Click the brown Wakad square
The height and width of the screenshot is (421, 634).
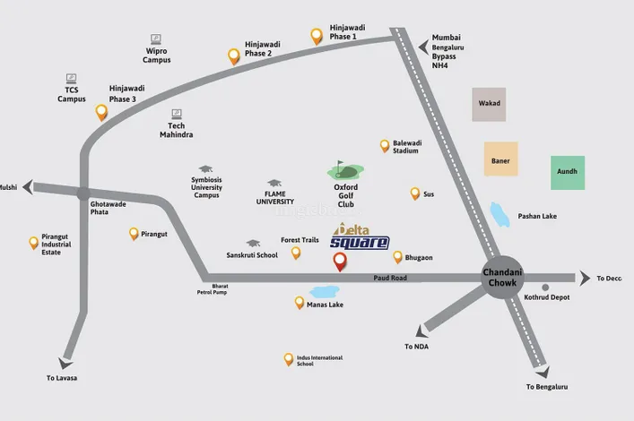point(489,104)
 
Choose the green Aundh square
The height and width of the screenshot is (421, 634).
point(568,172)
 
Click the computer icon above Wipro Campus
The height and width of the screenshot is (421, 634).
point(156,39)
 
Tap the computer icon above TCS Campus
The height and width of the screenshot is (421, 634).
point(72,79)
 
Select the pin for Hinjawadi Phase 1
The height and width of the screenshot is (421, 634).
point(317,36)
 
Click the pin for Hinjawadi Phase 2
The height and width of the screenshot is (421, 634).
point(234,56)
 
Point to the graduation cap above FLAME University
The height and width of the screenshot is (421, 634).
point(274,183)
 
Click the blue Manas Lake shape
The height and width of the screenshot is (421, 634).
point(324,292)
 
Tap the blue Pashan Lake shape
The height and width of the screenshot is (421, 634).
point(500,215)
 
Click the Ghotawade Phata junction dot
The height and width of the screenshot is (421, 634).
point(83,193)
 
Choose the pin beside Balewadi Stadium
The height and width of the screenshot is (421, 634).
point(385,145)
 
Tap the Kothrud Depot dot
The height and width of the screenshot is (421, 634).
point(545,288)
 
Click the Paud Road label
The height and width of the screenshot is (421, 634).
point(390,279)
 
